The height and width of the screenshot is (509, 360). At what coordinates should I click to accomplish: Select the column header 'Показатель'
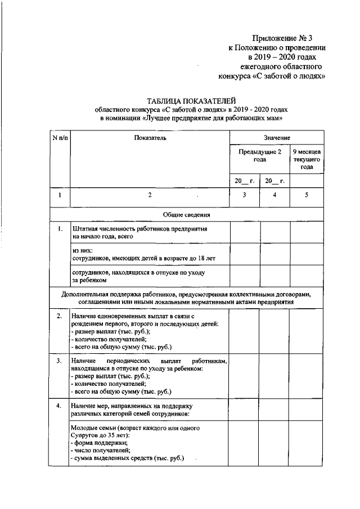(x=150, y=137)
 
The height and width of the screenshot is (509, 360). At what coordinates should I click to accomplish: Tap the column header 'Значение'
(x=277, y=137)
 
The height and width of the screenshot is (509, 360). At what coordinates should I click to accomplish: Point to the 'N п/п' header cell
(x=60, y=137)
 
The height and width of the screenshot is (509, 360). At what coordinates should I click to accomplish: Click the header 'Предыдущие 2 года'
(x=259, y=156)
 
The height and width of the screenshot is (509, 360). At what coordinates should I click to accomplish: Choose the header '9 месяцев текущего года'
(x=307, y=160)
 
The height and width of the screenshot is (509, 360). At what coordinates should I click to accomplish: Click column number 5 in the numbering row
(x=307, y=195)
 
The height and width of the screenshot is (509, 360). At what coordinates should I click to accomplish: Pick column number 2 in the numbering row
(x=150, y=195)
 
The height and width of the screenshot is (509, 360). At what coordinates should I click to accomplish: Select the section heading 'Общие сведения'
(x=187, y=215)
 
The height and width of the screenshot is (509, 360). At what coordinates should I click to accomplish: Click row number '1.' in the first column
(x=59, y=229)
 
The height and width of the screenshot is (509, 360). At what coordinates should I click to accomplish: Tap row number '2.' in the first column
(x=59, y=317)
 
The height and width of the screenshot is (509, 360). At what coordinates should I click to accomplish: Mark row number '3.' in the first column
(x=59, y=361)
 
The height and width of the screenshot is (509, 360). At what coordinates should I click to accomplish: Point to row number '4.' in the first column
(x=59, y=405)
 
